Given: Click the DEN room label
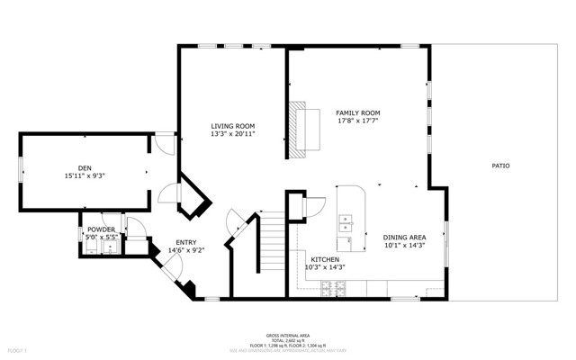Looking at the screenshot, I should (x=85, y=167).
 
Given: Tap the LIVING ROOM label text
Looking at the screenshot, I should (x=233, y=126).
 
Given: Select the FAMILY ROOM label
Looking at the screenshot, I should (x=357, y=112).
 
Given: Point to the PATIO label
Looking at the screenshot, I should (x=500, y=166).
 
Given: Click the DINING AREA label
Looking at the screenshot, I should (x=404, y=238).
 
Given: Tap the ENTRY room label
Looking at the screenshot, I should (x=186, y=242).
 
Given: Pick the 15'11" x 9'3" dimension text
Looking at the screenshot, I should (x=85, y=176).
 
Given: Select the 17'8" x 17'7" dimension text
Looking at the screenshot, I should (x=357, y=121).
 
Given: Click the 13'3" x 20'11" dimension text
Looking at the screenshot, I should (x=233, y=134).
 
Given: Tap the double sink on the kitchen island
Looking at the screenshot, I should (x=346, y=221).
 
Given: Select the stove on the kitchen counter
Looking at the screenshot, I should (x=332, y=288).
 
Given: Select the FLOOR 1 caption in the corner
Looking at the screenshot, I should (x=18, y=349).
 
